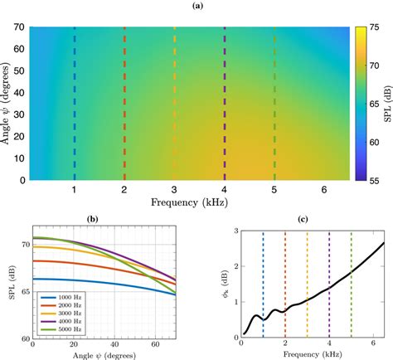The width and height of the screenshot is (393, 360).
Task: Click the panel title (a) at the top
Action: pyautogui.click(x=196, y=6)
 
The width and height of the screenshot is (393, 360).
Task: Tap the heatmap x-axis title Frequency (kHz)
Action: pyautogui.click(x=190, y=202)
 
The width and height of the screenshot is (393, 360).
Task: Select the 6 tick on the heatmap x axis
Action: pyautogui.click(x=324, y=189)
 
